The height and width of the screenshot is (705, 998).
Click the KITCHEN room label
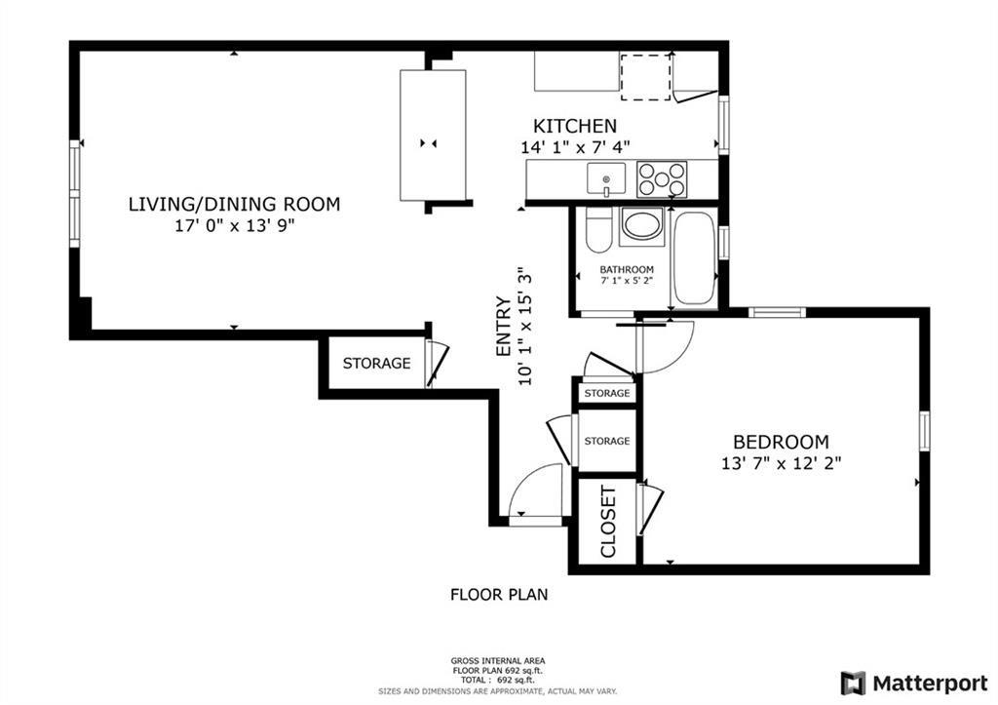[x=574, y=126]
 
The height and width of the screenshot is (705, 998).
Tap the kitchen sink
[x=606, y=179]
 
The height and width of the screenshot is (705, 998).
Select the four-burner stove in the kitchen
[x=662, y=179]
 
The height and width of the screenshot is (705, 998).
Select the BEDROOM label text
[x=781, y=442]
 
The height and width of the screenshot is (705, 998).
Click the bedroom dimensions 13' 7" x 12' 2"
[x=781, y=464]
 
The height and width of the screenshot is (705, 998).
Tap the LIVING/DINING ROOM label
[x=234, y=204]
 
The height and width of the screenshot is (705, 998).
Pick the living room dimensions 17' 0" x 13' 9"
[x=234, y=226]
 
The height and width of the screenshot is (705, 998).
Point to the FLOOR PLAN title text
[x=498, y=593]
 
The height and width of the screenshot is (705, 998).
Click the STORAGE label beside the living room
[x=376, y=364]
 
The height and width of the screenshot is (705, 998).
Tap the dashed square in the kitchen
[x=646, y=76]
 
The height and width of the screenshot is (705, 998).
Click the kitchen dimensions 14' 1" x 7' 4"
[x=574, y=147]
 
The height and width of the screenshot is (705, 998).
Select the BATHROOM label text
[x=627, y=270]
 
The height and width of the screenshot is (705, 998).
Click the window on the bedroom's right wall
[x=924, y=430]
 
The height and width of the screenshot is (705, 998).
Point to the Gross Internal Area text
[x=498, y=660]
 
